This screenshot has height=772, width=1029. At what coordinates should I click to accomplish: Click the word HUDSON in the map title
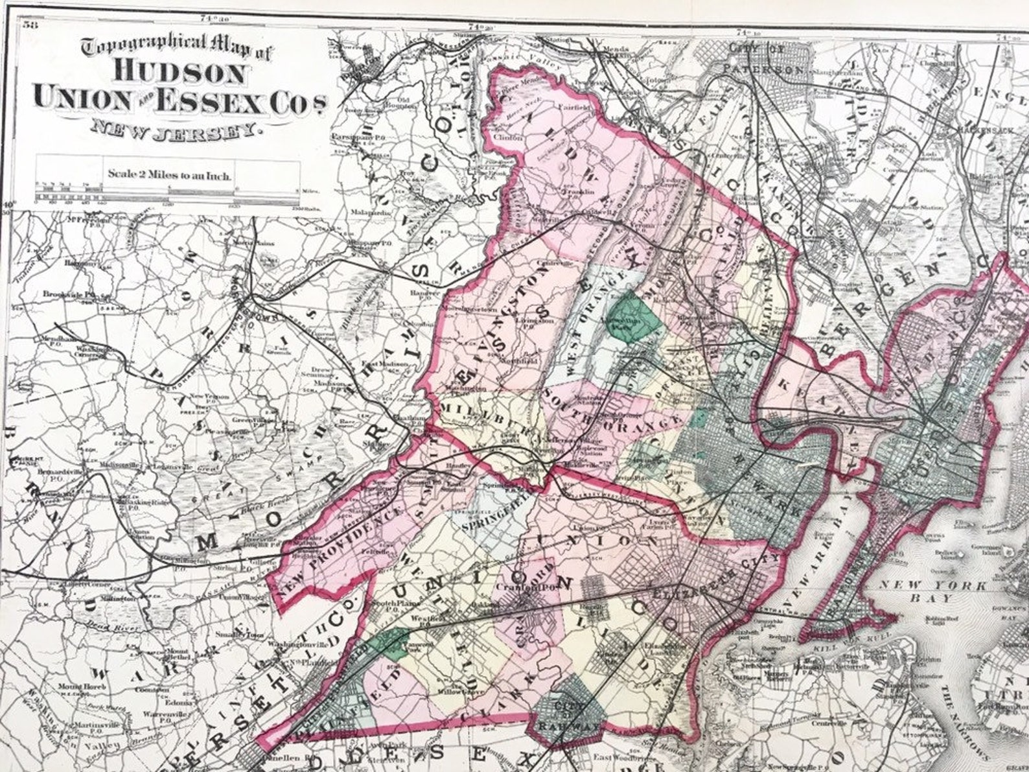[x=180, y=72]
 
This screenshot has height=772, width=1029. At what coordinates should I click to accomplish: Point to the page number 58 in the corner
[x=29, y=25]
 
